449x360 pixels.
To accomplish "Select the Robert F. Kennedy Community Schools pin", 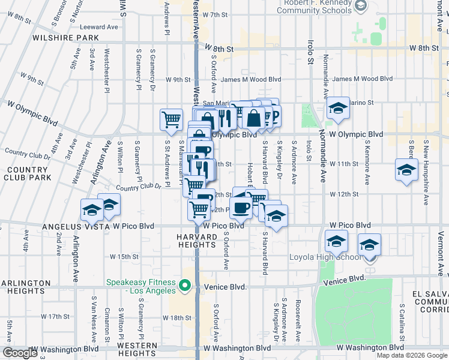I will pyautogui.click(x=360, y=7).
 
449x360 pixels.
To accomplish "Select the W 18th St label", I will pyautogui.click(x=176, y=317).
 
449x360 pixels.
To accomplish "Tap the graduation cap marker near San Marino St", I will pyautogui.click(x=338, y=108).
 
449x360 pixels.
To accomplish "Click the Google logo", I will pyautogui.click(x=20, y=353).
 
